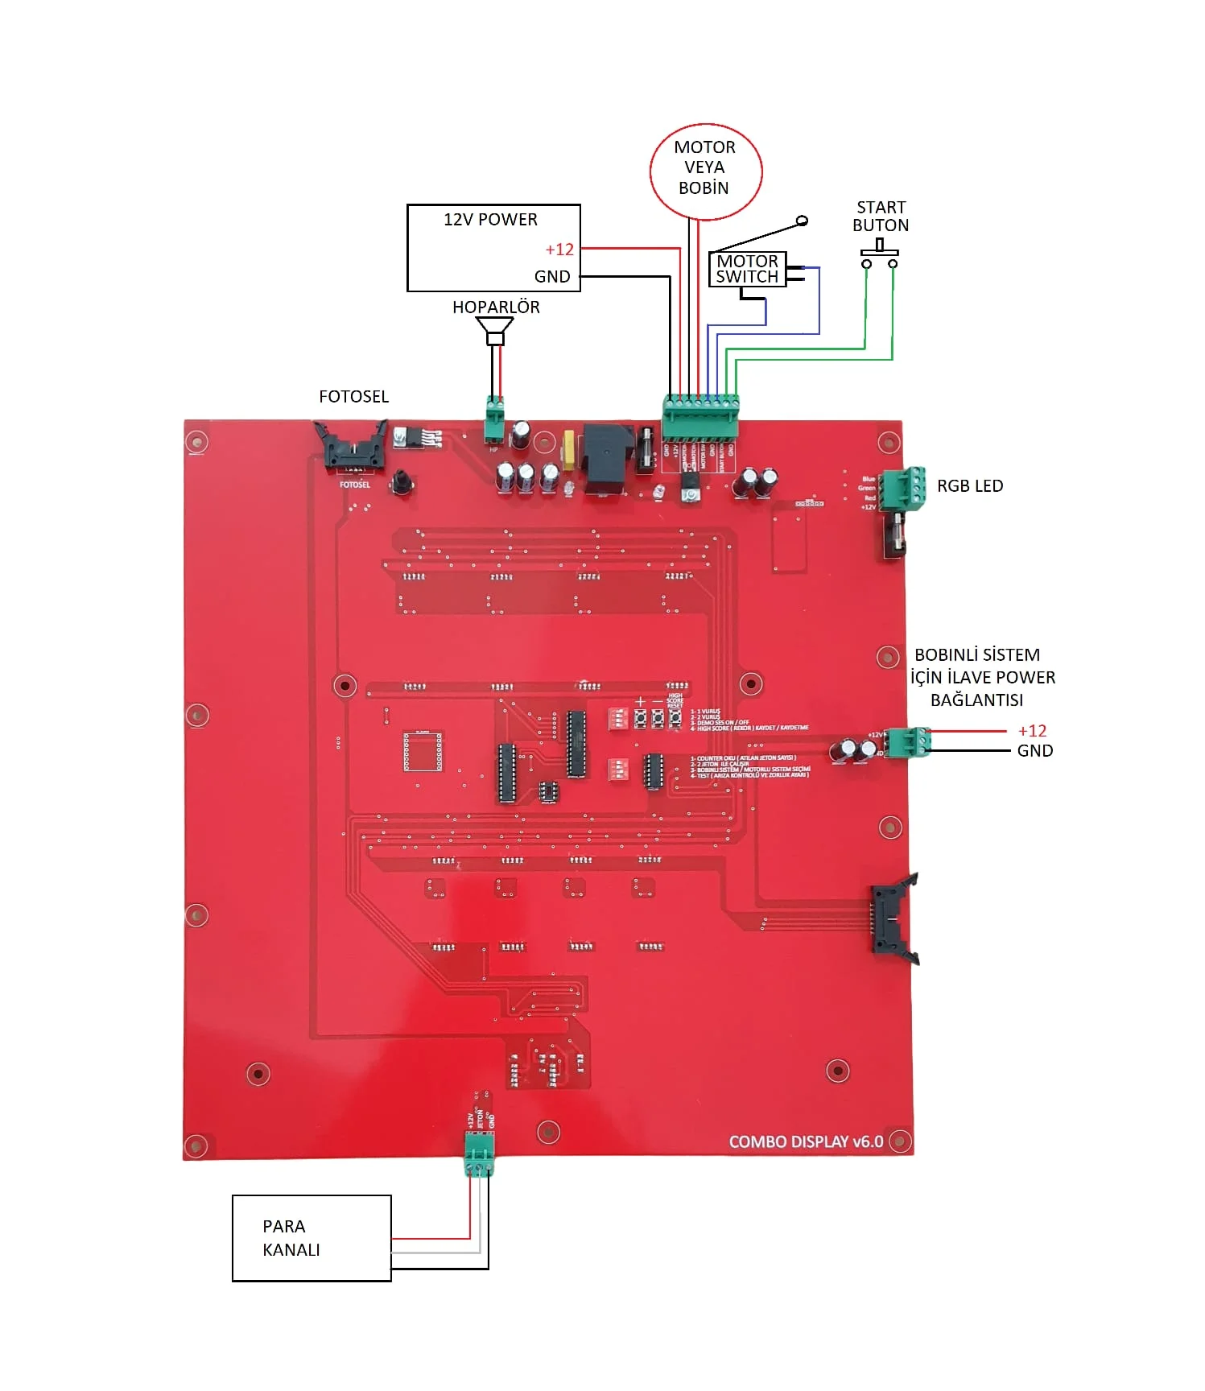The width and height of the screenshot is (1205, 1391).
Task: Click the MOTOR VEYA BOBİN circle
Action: (x=705, y=171)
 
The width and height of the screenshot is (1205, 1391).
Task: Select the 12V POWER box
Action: (x=493, y=247)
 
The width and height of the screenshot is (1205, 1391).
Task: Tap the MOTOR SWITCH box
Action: (x=747, y=269)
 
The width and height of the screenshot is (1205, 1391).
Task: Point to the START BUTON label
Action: (x=881, y=217)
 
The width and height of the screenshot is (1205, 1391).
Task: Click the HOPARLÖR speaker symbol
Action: (x=495, y=329)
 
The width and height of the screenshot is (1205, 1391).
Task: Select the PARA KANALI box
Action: (x=312, y=1237)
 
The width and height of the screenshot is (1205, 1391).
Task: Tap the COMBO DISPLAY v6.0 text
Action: (x=806, y=1141)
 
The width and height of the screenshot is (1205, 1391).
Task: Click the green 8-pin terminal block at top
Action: (x=700, y=416)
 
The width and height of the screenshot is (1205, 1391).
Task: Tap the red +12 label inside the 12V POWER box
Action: (x=559, y=250)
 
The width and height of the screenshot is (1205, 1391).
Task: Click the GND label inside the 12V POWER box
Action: (x=552, y=277)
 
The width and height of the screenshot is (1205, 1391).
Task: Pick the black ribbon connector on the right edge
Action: (x=892, y=918)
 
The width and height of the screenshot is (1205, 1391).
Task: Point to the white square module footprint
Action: (x=423, y=751)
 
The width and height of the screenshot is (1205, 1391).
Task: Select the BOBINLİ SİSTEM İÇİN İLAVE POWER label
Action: (x=982, y=677)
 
